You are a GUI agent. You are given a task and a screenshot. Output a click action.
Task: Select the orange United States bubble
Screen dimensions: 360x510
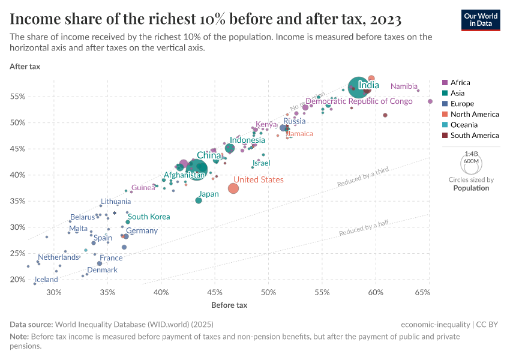(x=233, y=188)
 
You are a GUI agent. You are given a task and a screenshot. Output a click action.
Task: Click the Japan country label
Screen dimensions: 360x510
(x=209, y=194)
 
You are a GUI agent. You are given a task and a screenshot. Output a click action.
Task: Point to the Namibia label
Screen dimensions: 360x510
(x=404, y=86)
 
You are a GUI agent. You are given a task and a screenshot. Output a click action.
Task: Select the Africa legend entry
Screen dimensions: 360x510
(x=460, y=82)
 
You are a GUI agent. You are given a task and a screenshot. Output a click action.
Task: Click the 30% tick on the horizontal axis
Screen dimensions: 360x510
(x=54, y=293)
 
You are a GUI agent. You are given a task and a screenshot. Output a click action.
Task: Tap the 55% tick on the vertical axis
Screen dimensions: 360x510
(x=18, y=97)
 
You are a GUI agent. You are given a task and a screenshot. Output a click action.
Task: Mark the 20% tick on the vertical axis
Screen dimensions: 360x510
(x=18, y=280)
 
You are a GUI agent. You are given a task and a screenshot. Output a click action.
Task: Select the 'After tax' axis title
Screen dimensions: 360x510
(x=25, y=67)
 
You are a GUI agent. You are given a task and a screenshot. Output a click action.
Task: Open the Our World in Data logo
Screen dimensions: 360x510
(x=481, y=20)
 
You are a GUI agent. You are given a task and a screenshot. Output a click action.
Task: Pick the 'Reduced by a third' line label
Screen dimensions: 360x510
(x=363, y=178)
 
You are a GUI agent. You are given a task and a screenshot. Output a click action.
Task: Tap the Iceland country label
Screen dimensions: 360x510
(x=46, y=280)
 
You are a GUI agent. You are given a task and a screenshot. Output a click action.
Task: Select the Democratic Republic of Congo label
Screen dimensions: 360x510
(x=359, y=101)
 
